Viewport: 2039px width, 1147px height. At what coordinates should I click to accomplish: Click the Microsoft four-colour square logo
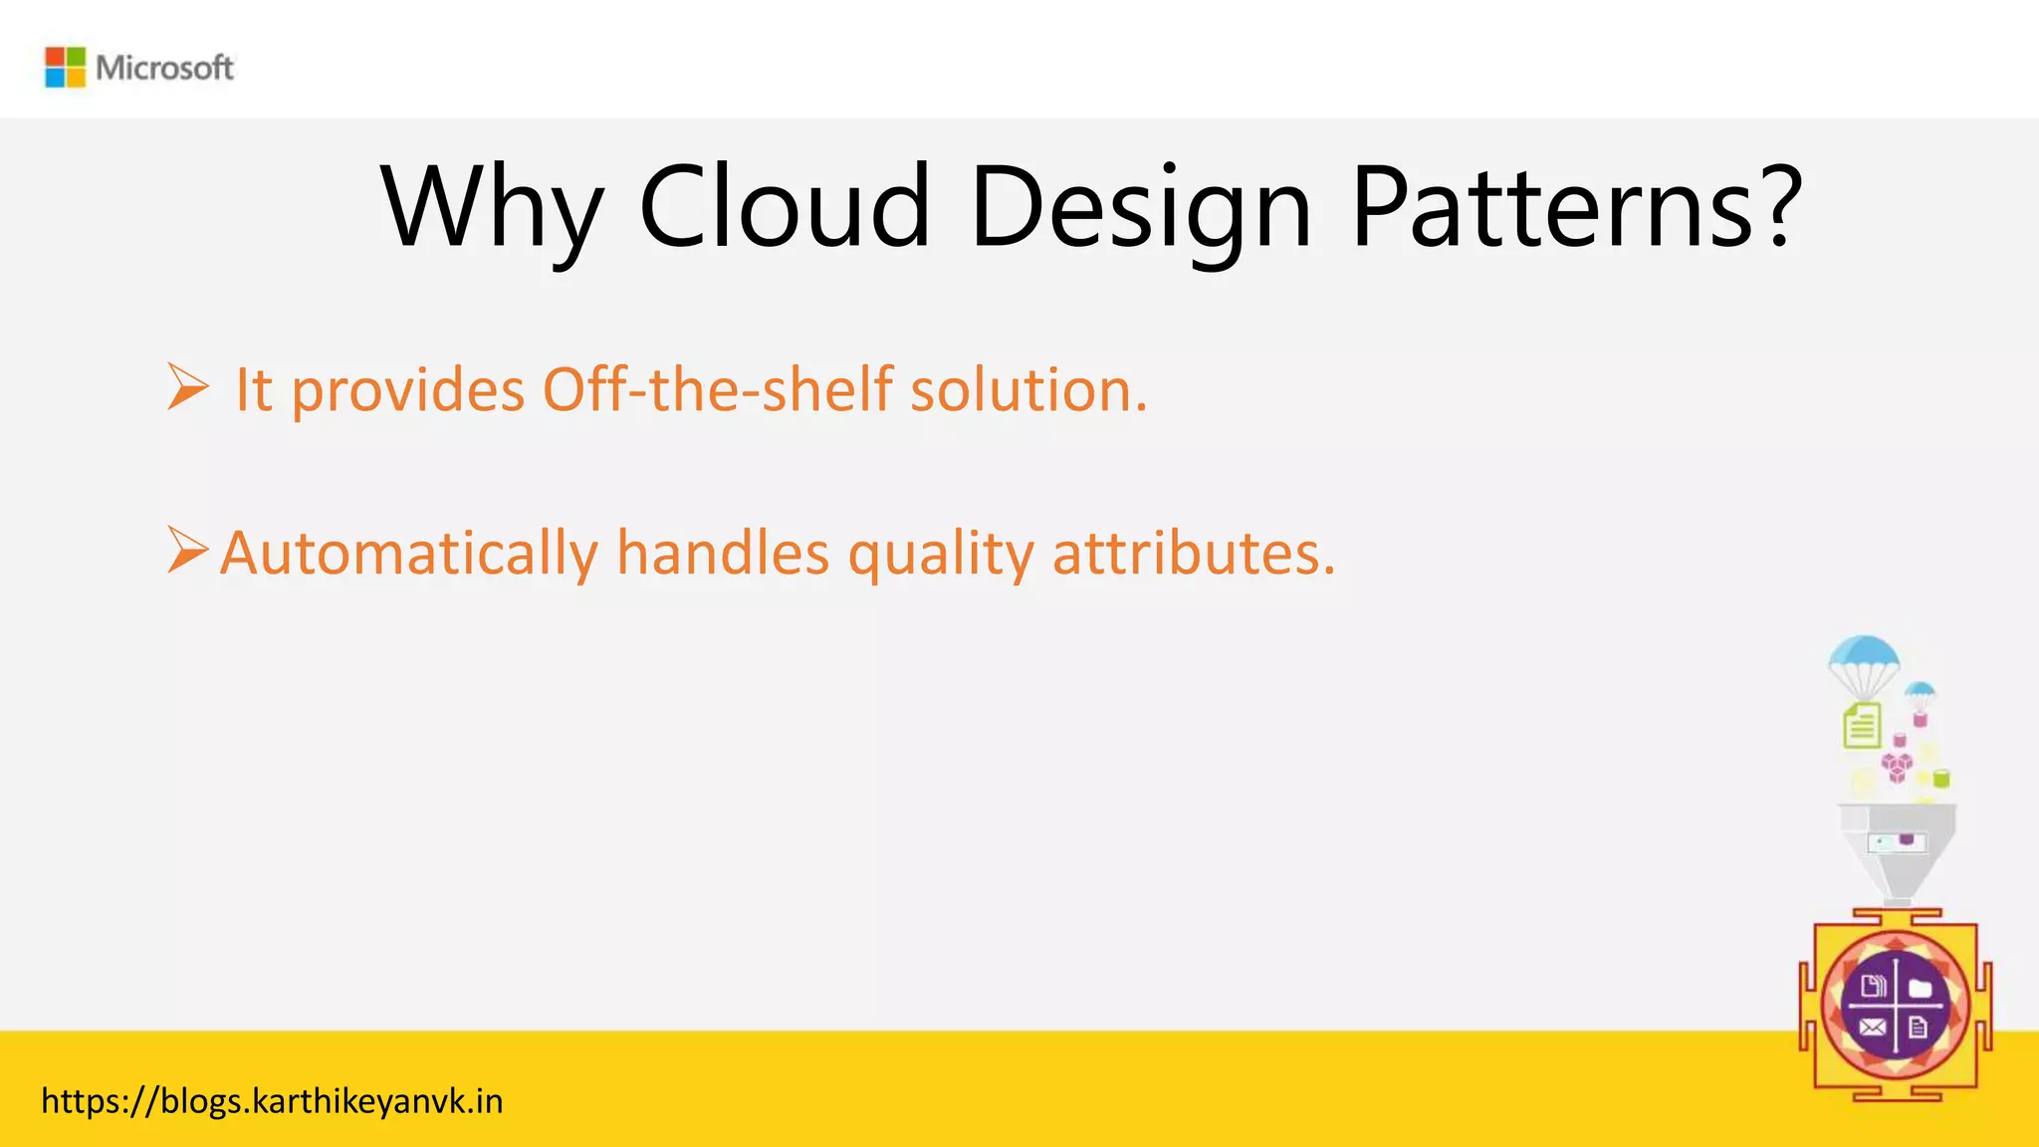66,68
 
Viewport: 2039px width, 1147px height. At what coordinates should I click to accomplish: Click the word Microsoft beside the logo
164,68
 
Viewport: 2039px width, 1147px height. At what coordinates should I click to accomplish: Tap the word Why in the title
491,209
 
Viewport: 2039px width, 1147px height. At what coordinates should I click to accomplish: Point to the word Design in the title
1140,209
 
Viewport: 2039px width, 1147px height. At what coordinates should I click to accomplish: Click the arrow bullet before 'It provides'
187,387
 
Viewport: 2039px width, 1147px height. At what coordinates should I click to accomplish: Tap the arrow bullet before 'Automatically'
187,551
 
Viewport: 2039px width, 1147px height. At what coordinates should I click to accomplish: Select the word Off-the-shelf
717,389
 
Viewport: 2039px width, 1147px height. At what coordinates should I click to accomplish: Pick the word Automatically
408,553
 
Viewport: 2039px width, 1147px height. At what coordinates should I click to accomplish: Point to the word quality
941,555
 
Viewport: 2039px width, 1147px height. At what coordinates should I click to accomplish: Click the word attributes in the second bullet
1193,553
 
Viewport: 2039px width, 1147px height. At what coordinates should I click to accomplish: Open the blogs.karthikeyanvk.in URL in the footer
272,1101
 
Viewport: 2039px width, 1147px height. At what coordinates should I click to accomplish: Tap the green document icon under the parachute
1862,725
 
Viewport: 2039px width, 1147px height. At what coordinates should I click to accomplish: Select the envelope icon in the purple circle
1872,1028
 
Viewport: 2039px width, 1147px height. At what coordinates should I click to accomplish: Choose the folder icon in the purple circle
1921,988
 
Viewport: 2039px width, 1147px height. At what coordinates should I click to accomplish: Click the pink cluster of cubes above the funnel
1897,767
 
